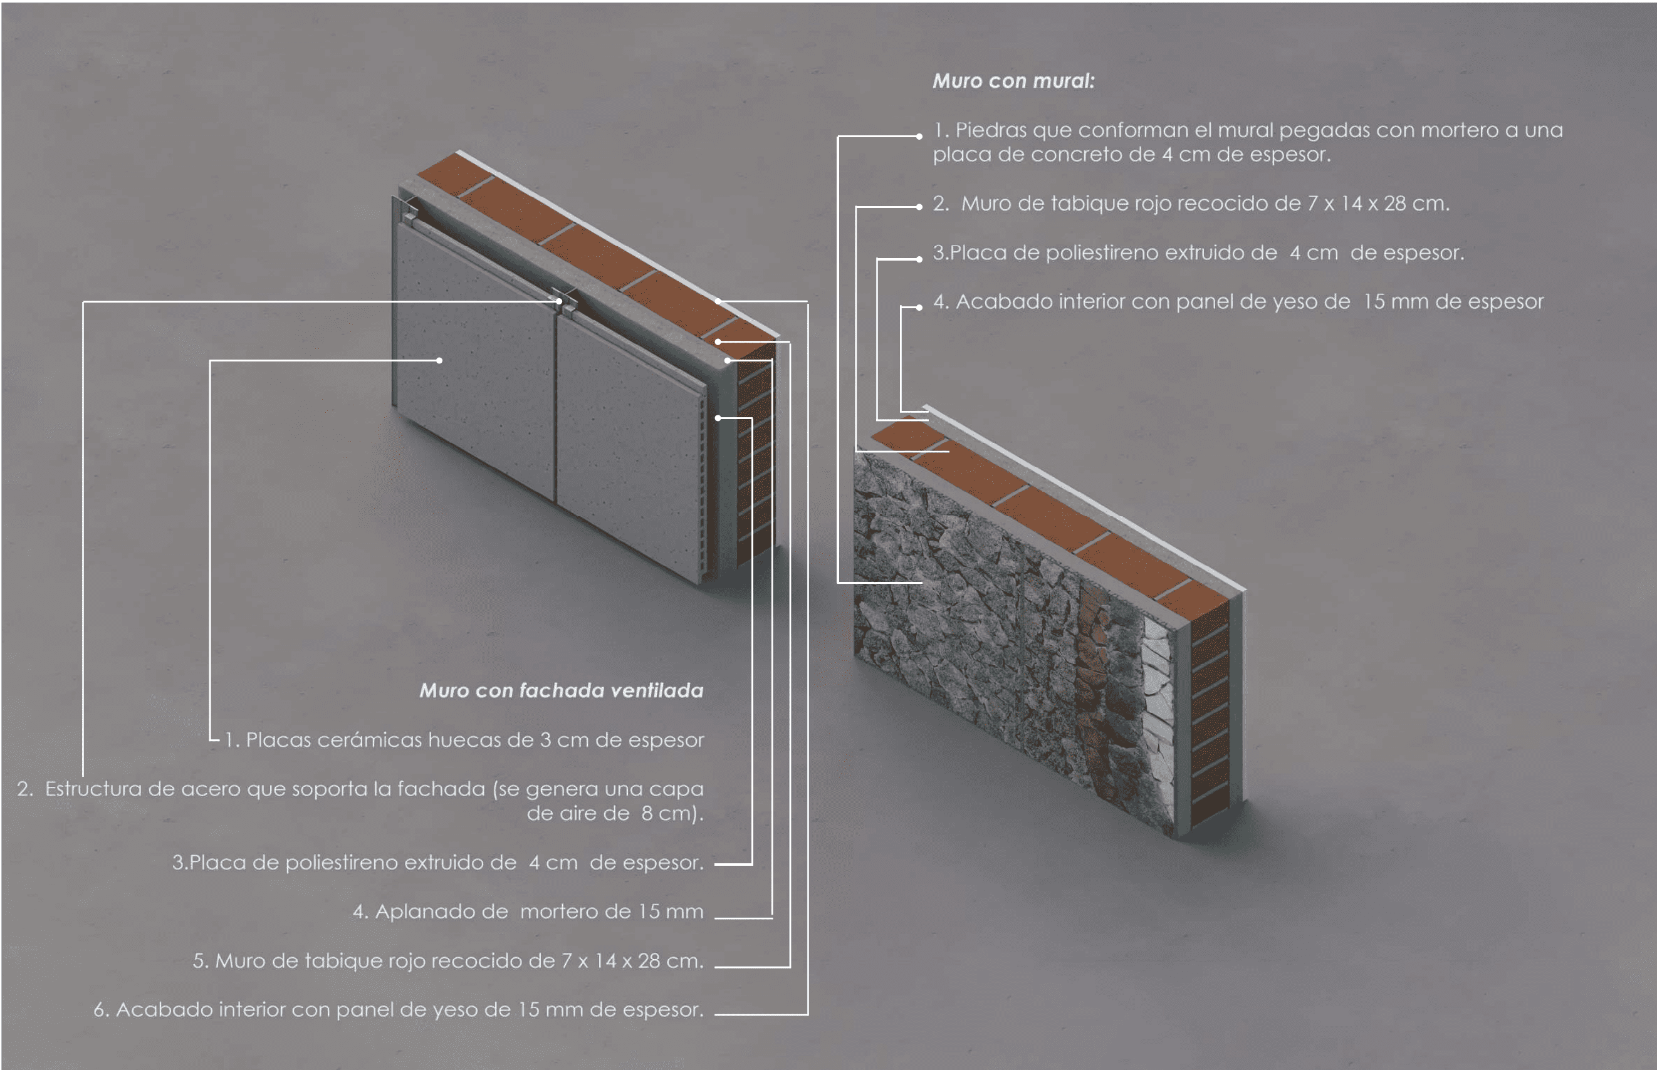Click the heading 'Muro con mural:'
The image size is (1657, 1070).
pyautogui.click(x=1013, y=81)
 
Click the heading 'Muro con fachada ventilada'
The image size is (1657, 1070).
pyautogui.click(x=562, y=690)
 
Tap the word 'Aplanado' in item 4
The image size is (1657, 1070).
pyautogui.click(x=442, y=912)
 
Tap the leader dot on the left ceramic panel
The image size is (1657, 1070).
pyautogui.click(x=439, y=361)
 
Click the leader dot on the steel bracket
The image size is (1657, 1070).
pyautogui.click(x=559, y=301)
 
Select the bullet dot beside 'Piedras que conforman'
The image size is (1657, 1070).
pyautogui.click(x=919, y=137)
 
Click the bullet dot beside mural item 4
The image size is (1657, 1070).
pyautogui.click(x=919, y=307)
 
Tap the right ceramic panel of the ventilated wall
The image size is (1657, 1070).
pyautogui.click(x=629, y=445)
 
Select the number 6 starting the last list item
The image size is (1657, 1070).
pyautogui.click(x=100, y=1010)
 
